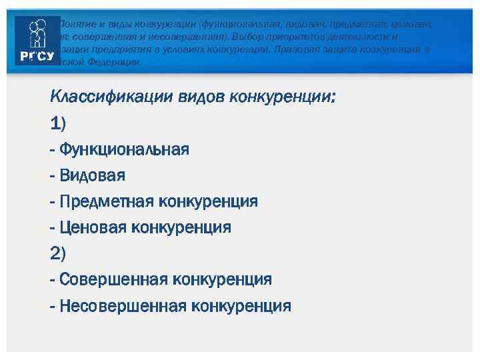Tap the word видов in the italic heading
tap(201, 98)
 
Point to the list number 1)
tap(58, 123)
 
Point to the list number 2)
tap(59, 253)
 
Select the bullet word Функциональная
tap(124, 149)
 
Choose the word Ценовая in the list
tap(93, 227)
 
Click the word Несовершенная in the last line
tap(123, 306)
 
